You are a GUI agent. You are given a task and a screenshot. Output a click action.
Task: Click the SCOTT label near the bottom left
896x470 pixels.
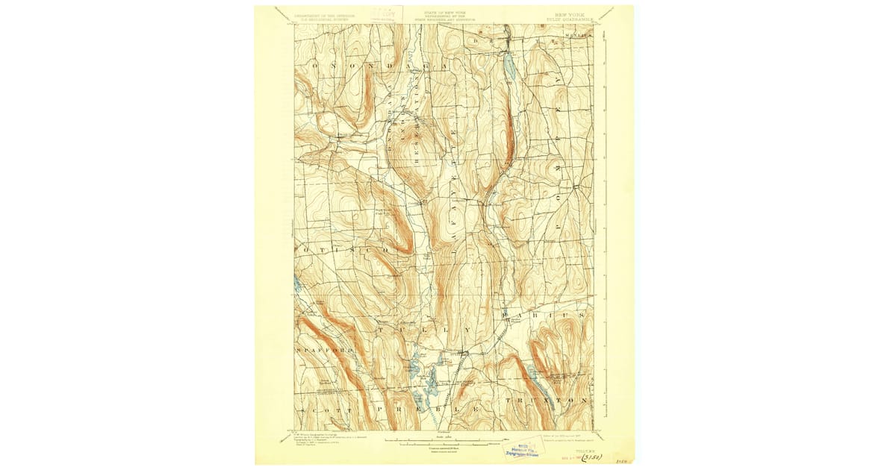pos(322,411)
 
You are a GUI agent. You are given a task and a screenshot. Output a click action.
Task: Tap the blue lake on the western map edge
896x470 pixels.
pos(298,283)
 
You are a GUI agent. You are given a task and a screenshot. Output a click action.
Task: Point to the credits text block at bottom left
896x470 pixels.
pos(321,440)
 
